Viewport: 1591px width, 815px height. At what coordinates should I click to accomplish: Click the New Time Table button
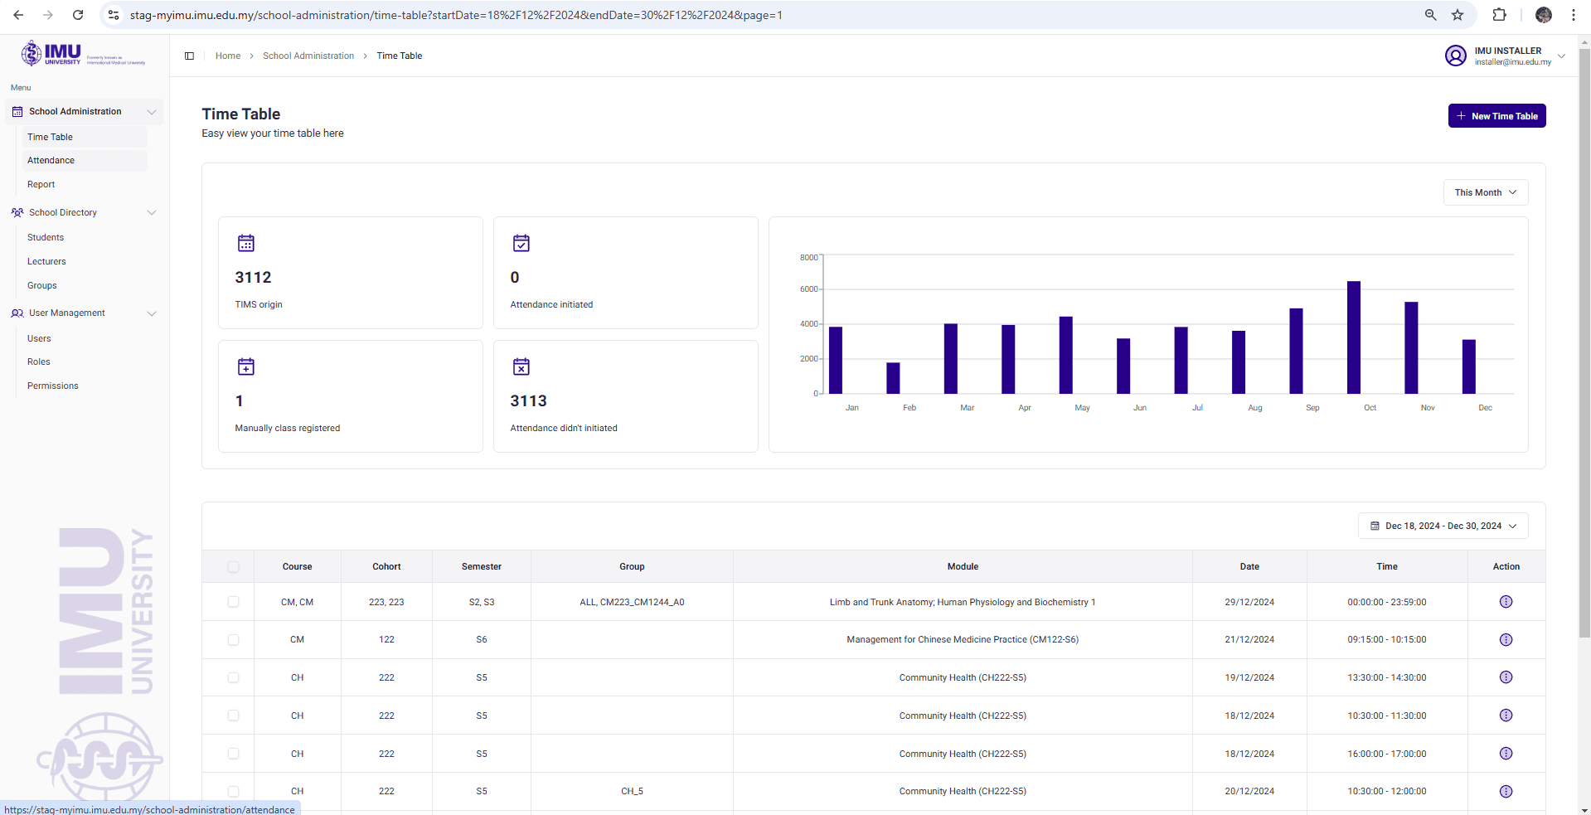[1496, 116]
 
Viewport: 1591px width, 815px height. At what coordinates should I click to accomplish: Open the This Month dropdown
[1485, 192]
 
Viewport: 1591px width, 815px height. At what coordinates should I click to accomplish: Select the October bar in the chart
[1353, 337]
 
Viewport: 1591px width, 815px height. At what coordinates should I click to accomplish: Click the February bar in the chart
[893, 378]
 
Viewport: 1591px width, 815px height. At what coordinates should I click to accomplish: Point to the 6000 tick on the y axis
[808, 289]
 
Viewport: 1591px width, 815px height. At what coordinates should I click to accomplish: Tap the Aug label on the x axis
[1254, 408]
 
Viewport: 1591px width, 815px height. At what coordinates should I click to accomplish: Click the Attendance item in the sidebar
[51, 161]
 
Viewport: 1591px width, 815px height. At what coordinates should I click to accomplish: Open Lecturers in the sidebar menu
[46, 262]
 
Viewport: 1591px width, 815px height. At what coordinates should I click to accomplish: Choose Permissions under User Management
[53, 386]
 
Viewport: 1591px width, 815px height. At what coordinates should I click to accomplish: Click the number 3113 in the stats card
[528, 401]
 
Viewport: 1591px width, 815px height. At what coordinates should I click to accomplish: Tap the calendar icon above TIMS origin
[246, 243]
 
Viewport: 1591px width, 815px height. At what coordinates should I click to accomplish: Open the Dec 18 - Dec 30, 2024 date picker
[1443, 526]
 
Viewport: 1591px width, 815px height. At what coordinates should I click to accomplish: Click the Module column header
[963, 567]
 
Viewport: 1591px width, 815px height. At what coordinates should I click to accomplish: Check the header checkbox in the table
[233, 567]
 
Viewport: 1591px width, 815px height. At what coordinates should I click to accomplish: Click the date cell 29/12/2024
[1249, 603]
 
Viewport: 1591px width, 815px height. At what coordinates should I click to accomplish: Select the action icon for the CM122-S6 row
[1506, 640]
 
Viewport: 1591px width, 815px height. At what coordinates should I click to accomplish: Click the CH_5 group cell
[632, 792]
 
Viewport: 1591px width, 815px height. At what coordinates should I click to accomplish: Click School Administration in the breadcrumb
[308, 56]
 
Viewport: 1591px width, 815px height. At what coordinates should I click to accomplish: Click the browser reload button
[78, 15]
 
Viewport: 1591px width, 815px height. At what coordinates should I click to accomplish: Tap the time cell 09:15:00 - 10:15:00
[1386, 640]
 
